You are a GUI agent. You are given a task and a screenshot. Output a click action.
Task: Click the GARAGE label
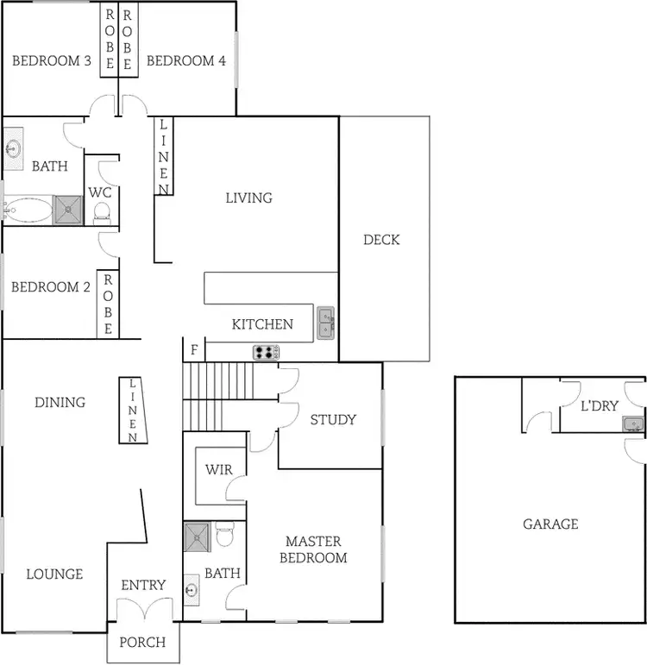click(x=550, y=524)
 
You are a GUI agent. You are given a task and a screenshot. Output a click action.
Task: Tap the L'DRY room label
click(x=600, y=405)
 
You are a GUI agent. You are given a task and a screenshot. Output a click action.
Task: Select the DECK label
click(x=381, y=240)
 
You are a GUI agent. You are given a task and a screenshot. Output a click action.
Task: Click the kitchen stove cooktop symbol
click(x=266, y=352)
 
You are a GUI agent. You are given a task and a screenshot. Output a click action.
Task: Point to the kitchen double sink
click(x=326, y=323)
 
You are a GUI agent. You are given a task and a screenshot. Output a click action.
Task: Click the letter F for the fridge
click(x=193, y=351)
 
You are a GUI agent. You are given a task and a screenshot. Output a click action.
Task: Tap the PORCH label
click(x=142, y=643)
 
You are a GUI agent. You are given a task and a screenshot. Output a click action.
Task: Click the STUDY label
click(x=333, y=420)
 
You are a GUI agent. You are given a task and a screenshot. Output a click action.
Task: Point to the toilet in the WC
click(x=102, y=210)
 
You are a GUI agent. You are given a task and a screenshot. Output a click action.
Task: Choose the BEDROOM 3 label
click(x=52, y=60)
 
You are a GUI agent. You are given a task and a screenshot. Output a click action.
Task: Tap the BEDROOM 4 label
click(x=185, y=60)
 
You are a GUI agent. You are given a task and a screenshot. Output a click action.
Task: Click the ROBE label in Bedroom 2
click(x=108, y=305)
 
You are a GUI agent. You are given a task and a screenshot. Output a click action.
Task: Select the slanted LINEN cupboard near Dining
click(x=132, y=411)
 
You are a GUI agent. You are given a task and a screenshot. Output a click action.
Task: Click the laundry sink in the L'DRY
click(x=633, y=424)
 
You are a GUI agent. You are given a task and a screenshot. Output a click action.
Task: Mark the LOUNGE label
click(x=54, y=574)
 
